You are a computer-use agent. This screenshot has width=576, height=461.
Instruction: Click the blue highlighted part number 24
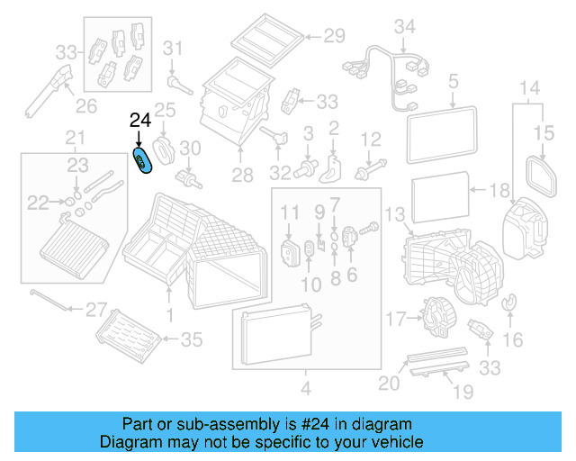point(142,161)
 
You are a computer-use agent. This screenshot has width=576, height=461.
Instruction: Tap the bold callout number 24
point(140,120)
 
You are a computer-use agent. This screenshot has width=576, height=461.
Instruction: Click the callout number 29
point(334,37)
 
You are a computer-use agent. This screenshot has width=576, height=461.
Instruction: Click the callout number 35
point(193,339)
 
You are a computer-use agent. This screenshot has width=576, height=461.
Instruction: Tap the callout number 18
point(499,191)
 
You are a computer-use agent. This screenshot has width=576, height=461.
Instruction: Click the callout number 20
point(388,383)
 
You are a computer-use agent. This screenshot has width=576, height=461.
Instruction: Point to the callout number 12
point(371,138)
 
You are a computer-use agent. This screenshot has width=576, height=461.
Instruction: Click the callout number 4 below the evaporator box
point(305,389)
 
